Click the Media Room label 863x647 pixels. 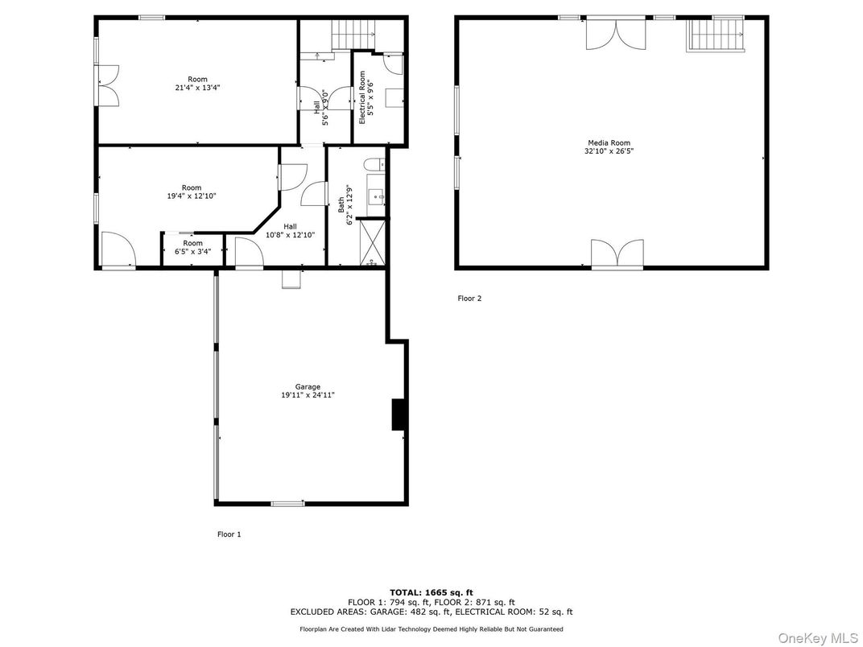[x=609, y=143]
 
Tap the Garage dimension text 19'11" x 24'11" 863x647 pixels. [x=308, y=395]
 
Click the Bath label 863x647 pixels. [x=341, y=204]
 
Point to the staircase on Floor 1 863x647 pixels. [x=353, y=35]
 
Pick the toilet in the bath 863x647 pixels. [x=375, y=164]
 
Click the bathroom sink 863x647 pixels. [x=377, y=196]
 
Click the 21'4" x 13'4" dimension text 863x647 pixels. [x=197, y=88]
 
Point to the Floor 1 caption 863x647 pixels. [x=229, y=534]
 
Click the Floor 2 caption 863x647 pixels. [x=469, y=299]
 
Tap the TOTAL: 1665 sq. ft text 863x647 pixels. [x=431, y=592]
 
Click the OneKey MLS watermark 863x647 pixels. [x=818, y=638]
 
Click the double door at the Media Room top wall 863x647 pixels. [x=616, y=34]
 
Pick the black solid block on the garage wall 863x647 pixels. [x=398, y=414]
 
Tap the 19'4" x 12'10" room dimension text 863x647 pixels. [x=192, y=196]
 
